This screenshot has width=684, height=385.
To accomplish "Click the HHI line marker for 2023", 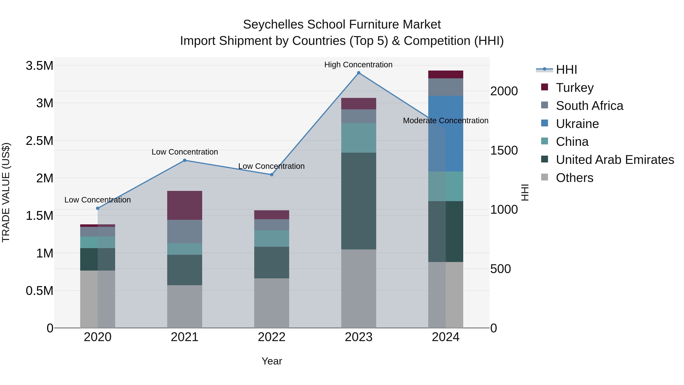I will pyautogui.click(x=359, y=73).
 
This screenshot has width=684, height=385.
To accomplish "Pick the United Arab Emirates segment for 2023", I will pyautogui.click(x=359, y=201).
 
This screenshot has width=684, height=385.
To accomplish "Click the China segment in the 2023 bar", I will pyautogui.click(x=359, y=138).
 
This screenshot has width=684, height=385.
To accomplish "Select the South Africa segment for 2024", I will pyautogui.click(x=446, y=87).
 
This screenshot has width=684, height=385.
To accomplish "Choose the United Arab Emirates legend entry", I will pyautogui.click(x=614, y=160).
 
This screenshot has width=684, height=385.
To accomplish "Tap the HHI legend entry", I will pyautogui.click(x=566, y=70).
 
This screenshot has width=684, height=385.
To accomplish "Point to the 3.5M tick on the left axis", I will pyautogui.click(x=39, y=66).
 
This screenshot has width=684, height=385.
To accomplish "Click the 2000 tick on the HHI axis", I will pyautogui.click(x=504, y=91).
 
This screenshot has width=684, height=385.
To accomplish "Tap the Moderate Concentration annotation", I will pyautogui.click(x=445, y=121).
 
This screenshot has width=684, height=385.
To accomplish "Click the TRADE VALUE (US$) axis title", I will pyautogui.click(x=6, y=192).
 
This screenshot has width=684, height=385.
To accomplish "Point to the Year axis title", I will pyautogui.click(x=272, y=361).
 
